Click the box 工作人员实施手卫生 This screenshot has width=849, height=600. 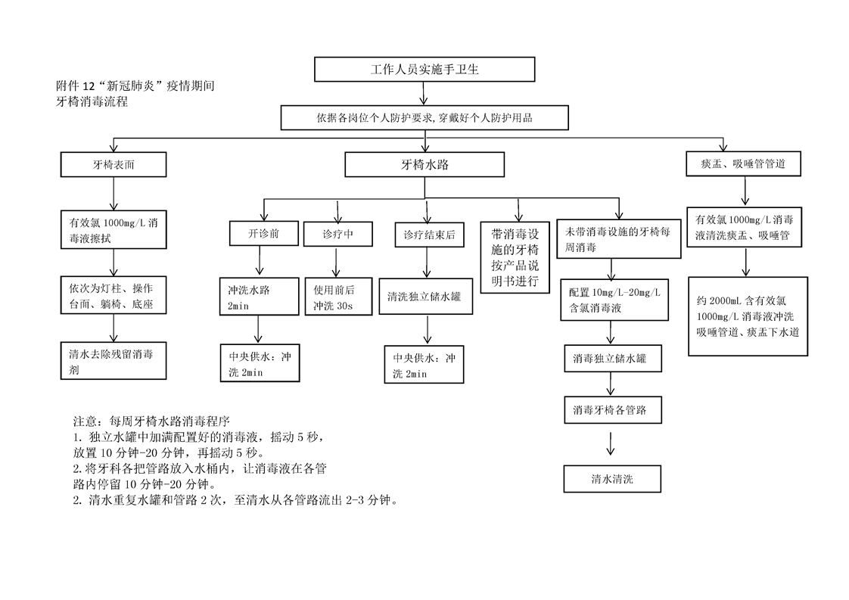[424, 70]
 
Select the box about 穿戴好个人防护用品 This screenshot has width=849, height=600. [424, 117]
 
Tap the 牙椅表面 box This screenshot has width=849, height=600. [114, 164]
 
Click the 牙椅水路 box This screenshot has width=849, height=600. [424, 164]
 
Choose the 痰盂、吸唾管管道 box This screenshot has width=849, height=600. [743, 163]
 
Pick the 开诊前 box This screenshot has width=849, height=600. [263, 233]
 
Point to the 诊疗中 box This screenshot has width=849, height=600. [338, 234]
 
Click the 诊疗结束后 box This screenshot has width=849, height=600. [429, 235]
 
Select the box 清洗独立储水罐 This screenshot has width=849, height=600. [425, 296]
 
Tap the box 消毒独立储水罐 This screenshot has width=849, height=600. [613, 359]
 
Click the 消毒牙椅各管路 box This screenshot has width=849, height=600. [613, 410]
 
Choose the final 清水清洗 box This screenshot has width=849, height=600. [612, 479]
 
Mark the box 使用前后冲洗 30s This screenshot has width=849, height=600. [338, 297]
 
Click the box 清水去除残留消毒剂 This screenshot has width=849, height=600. [114, 361]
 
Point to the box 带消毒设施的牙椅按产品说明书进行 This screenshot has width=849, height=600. [515, 257]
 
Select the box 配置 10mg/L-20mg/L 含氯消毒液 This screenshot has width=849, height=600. [614, 300]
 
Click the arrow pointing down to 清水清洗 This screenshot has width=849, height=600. [611, 443]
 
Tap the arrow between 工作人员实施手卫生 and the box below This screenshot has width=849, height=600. [424, 93]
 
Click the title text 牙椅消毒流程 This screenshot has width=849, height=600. [92, 101]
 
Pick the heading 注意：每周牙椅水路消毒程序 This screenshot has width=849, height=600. [151, 421]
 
